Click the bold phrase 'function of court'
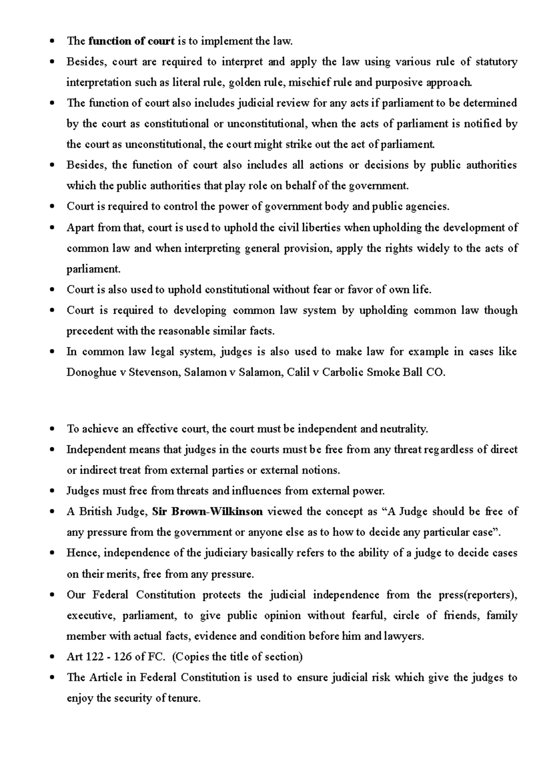pyautogui.click(x=131, y=41)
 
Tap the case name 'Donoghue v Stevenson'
pyautogui.click(x=123, y=373)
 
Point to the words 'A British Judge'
pyautogui.click(x=107, y=512)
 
